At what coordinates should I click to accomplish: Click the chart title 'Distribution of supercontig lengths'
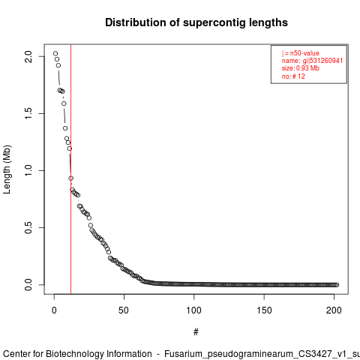point(196,22)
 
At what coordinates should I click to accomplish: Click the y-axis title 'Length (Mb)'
point(7,169)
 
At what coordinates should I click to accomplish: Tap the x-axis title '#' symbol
point(196,332)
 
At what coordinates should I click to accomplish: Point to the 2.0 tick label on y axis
point(28,56)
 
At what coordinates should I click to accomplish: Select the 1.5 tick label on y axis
point(28,113)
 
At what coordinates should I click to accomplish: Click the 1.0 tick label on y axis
point(28,170)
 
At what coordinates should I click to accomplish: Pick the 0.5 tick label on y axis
point(28,227)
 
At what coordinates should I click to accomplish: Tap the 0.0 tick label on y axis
point(28,284)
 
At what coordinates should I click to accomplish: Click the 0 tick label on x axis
point(54,310)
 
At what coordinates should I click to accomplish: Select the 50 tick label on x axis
point(124,310)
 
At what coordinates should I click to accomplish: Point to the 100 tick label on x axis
point(193,310)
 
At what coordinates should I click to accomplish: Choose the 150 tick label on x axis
point(264,310)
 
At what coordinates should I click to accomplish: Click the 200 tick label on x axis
point(334,310)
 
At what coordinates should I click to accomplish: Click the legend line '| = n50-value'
point(301,53)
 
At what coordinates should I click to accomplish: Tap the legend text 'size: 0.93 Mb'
point(301,68)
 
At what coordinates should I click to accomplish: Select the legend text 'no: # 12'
point(293,76)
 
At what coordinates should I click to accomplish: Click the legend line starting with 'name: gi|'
point(312,61)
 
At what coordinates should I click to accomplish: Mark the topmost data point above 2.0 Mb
point(55,53)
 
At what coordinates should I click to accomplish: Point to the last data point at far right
point(337,285)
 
